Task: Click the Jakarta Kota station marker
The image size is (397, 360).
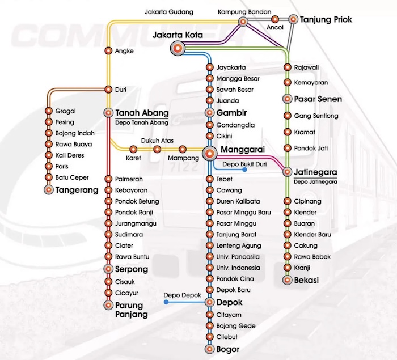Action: coord(178,48)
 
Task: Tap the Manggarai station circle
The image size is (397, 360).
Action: coord(210,154)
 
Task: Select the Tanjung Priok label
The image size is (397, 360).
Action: coord(326,19)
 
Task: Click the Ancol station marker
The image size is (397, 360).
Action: coord(275,19)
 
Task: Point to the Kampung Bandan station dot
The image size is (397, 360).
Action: coord(243,22)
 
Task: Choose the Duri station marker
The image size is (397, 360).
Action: coord(108,90)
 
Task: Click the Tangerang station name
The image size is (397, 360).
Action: coord(77,190)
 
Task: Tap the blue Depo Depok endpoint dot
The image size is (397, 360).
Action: coord(166,302)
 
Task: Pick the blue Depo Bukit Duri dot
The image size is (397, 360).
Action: coord(244,170)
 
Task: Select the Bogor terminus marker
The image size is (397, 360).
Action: coord(210,349)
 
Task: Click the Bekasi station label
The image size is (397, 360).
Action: coord(306,280)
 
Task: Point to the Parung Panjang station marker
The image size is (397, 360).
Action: coord(108,305)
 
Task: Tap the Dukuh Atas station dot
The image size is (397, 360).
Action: coord(157,149)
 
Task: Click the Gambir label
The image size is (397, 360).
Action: coord(231,113)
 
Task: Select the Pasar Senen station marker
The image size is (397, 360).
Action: coord(288,99)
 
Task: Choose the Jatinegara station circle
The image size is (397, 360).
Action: coord(288,172)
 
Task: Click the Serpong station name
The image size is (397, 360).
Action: coord(132,269)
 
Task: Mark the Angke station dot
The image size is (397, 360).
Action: coord(108,51)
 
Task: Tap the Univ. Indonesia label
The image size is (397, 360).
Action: coord(238,268)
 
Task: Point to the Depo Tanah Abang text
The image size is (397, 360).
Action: coord(142,123)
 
